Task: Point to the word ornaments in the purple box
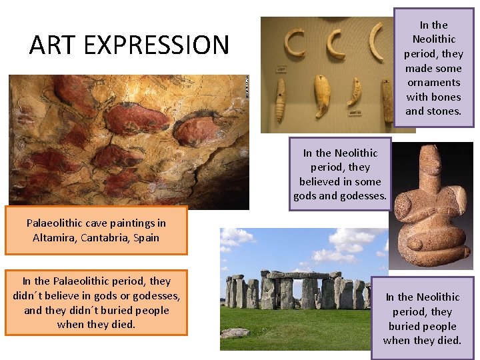click(x=433, y=83)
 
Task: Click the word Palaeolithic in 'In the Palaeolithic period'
click(x=93, y=281)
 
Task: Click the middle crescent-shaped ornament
click(x=333, y=43)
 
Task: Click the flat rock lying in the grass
click(x=235, y=333)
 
